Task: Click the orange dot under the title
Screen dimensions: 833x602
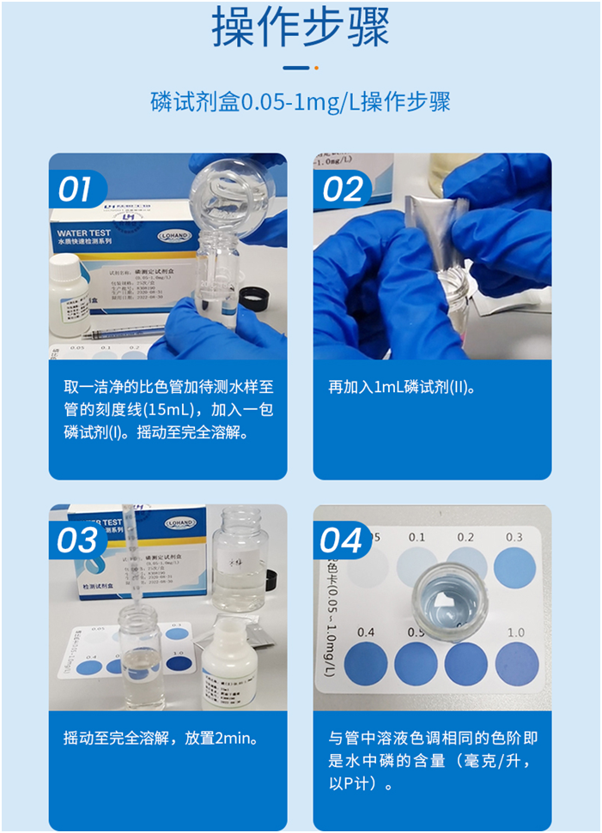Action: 316,68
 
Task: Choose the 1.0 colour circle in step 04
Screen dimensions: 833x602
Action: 517,663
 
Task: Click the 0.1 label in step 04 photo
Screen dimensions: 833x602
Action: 417,537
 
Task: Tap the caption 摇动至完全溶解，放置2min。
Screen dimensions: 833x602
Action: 161,738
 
